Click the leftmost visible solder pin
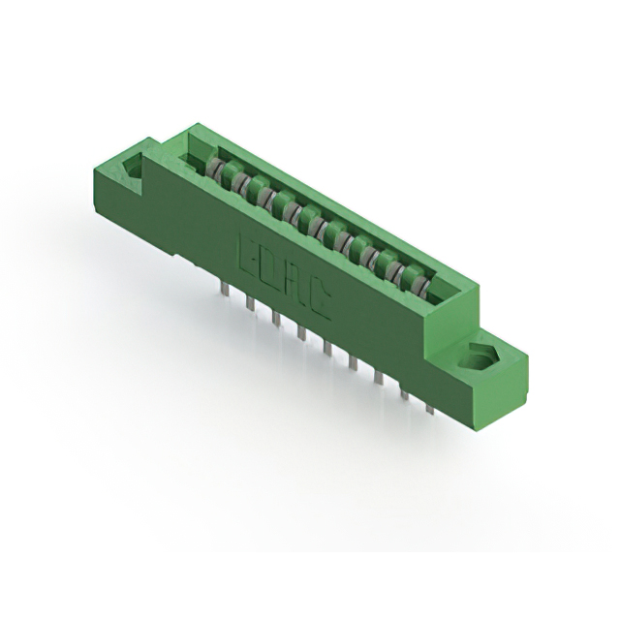tap(224, 289)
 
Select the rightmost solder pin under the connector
tap(429, 405)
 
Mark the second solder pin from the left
tap(250, 303)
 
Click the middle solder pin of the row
tap(327, 348)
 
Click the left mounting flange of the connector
tap(136, 179)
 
